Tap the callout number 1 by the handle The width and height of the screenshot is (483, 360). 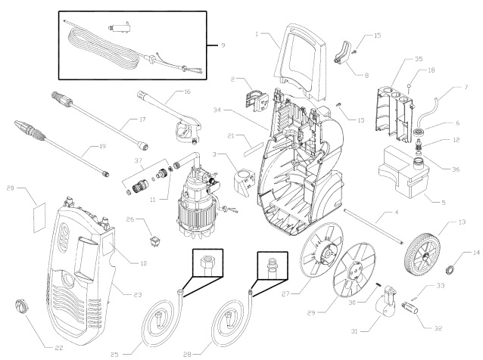pyautogui.click(x=257, y=34)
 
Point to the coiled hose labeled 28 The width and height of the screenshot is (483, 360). pyautogui.click(x=232, y=318)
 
